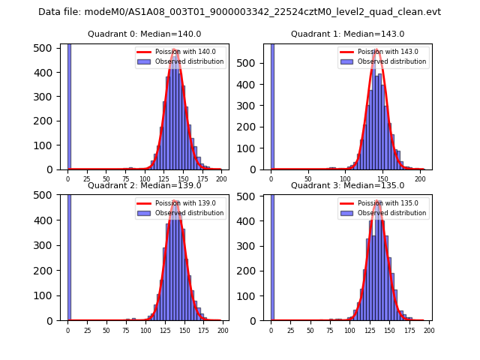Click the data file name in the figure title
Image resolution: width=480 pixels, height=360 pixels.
[x=239, y=12]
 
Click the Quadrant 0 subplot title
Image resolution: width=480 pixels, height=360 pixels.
[x=145, y=34]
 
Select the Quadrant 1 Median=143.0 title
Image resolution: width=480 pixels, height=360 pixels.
[x=348, y=34]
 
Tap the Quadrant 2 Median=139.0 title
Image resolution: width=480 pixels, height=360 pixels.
[x=145, y=185]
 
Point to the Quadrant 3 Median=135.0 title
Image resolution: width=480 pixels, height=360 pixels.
[x=348, y=185]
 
